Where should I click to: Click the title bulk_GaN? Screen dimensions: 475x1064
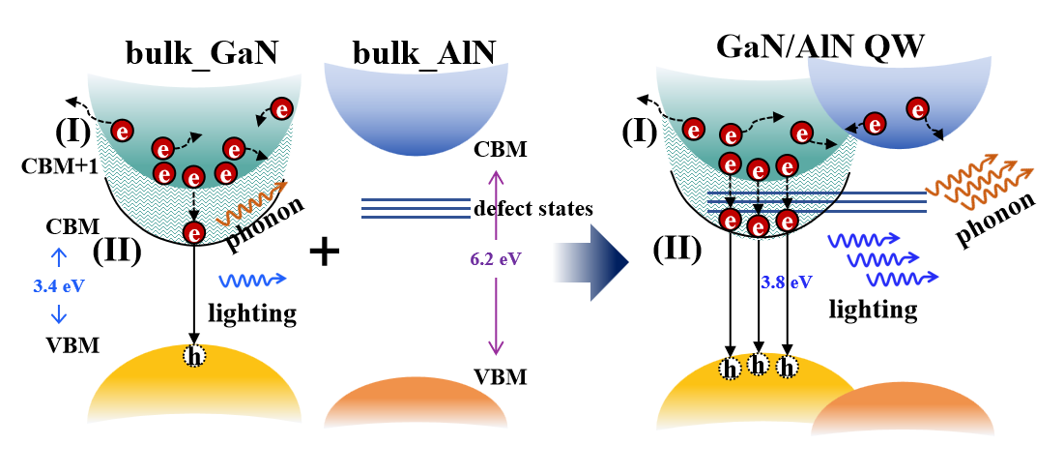(202, 54)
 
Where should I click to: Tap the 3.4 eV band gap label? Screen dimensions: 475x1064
(58, 287)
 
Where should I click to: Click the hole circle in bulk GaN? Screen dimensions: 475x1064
(195, 356)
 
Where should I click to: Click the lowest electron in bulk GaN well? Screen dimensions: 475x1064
(195, 232)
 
